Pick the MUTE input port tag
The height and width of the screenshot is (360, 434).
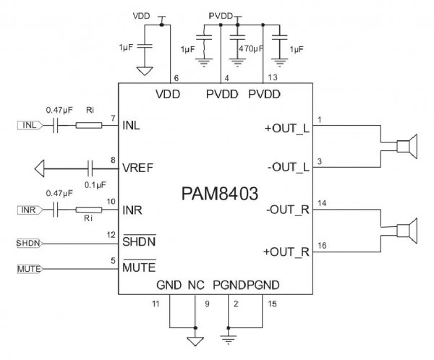coord(28,270)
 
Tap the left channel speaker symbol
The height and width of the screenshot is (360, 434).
coord(405,147)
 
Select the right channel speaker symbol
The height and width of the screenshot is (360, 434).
coord(405,231)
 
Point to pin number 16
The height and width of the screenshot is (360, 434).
coord(323,246)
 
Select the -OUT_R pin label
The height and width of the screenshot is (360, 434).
coord(287,210)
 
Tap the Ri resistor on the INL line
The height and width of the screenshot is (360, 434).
coord(89,126)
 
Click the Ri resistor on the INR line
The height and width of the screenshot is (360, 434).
coord(89,210)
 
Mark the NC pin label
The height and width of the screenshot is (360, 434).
coord(195,286)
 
